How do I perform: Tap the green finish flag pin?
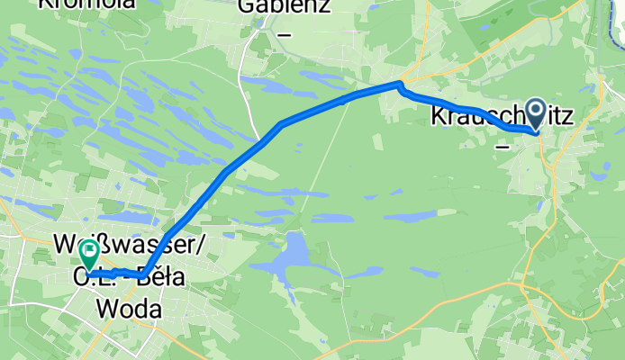89,254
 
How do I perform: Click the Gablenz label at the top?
284,8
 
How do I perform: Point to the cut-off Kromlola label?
86,4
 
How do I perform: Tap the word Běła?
163,278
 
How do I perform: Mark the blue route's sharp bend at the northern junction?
400,85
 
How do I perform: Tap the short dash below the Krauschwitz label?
503,141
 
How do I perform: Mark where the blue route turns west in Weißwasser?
144,274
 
